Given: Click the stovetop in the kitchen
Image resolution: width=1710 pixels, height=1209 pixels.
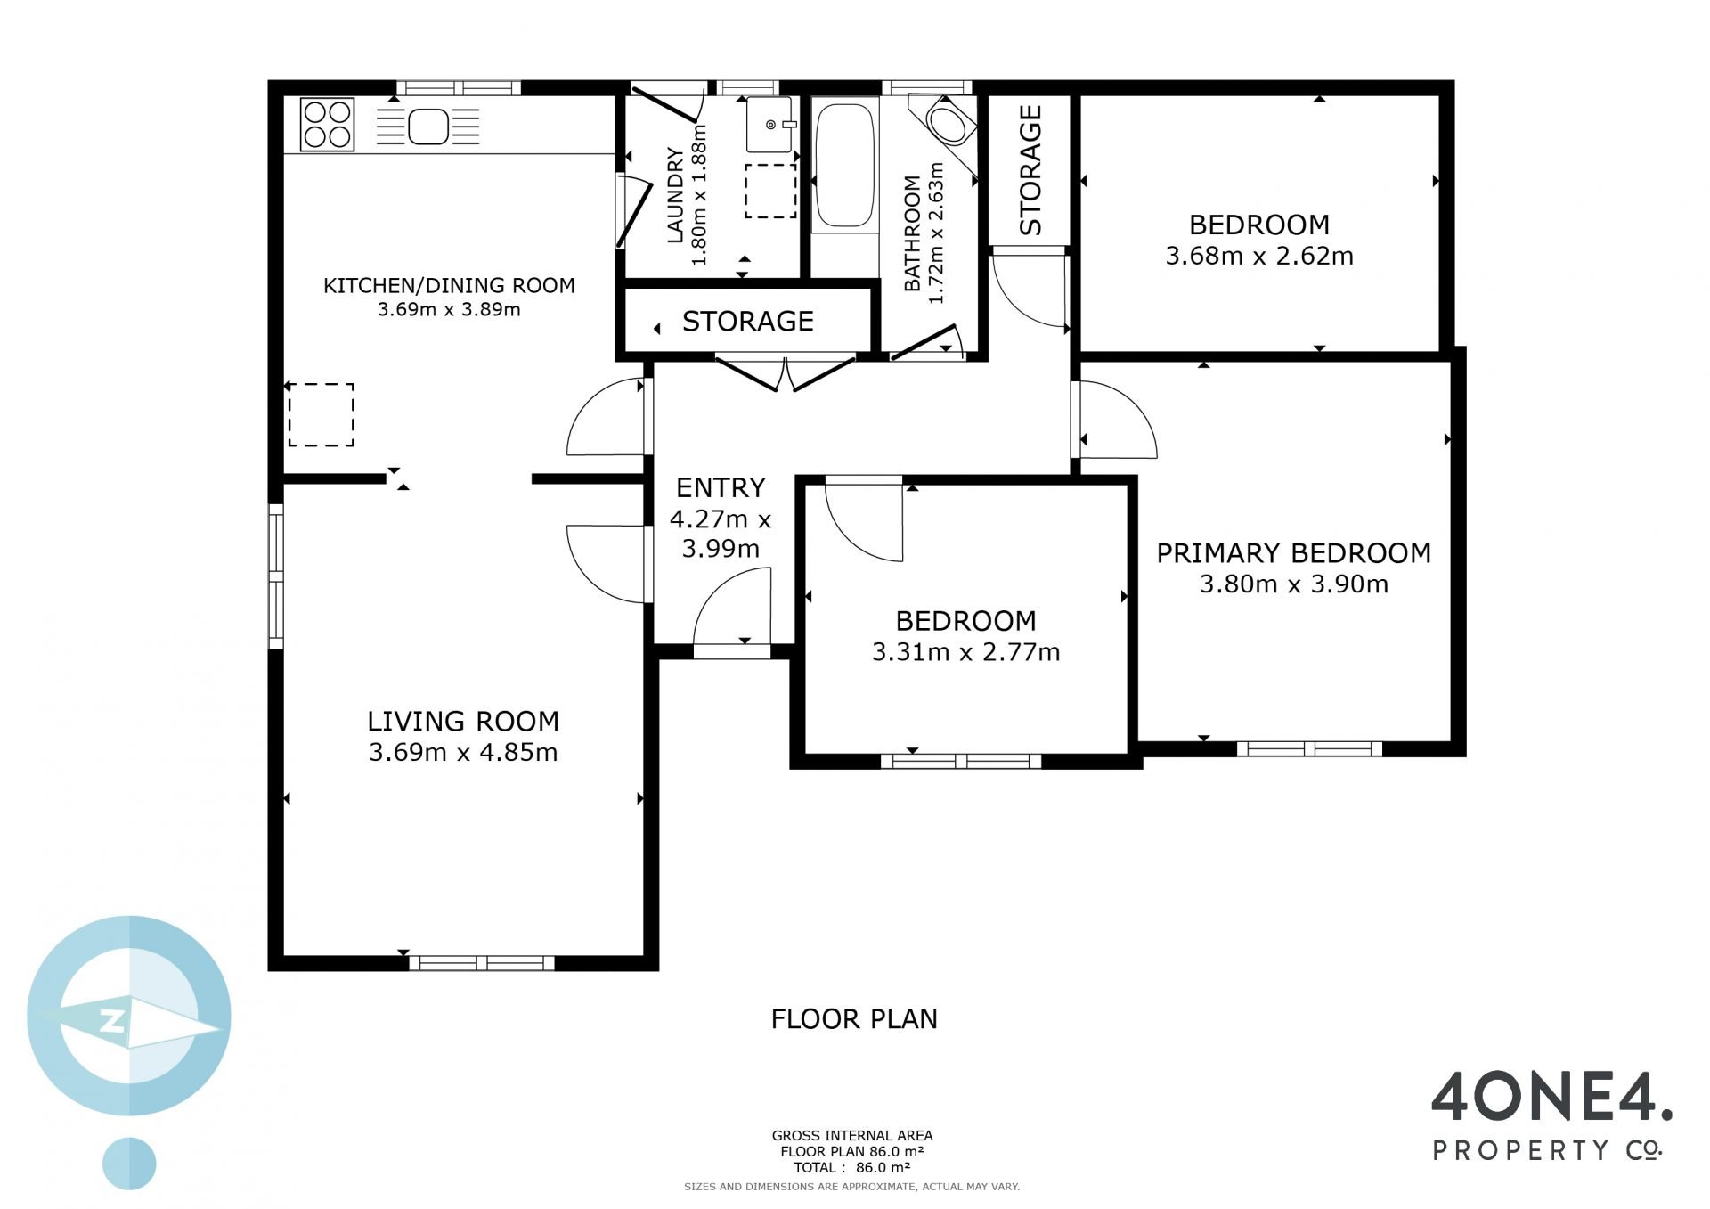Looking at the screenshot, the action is (328, 124).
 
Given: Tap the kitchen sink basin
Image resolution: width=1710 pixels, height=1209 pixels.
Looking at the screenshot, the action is (428, 127).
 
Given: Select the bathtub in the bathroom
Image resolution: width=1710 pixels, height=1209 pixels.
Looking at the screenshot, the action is (844, 166).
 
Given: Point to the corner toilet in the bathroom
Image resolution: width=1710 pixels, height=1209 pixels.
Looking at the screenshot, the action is (947, 123).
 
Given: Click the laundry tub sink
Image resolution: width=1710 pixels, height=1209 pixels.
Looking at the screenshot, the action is (769, 125).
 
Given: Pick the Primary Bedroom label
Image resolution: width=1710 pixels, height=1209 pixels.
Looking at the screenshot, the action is (1293, 553).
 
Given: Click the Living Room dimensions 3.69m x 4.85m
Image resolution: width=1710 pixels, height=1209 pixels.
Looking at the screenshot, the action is (463, 752).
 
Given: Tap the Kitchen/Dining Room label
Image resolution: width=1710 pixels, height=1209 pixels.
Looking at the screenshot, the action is (449, 285).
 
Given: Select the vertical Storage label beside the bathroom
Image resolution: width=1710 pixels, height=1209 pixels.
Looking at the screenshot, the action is (1030, 170).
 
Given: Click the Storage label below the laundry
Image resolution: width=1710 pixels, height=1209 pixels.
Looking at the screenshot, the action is (748, 321).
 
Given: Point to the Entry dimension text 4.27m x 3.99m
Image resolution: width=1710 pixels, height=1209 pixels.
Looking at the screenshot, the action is (721, 534).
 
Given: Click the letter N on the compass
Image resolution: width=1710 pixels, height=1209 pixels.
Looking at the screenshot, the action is (113, 1022).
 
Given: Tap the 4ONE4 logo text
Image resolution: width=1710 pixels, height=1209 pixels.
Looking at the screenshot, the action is (1551, 1098).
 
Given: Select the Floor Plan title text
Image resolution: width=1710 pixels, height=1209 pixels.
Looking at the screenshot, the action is (854, 1018).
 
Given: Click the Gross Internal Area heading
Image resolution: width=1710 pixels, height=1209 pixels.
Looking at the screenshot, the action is (852, 1135).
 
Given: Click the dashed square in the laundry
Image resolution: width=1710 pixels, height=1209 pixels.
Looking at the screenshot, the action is (770, 191).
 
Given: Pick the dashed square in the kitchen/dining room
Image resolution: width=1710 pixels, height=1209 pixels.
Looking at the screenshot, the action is (321, 414).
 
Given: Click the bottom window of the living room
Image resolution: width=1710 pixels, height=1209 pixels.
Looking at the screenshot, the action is (482, 962).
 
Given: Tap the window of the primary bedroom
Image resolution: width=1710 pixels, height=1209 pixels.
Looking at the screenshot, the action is (1309, 748).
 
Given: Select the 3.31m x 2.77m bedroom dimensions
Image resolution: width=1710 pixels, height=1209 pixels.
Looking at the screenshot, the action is (966, 652).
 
